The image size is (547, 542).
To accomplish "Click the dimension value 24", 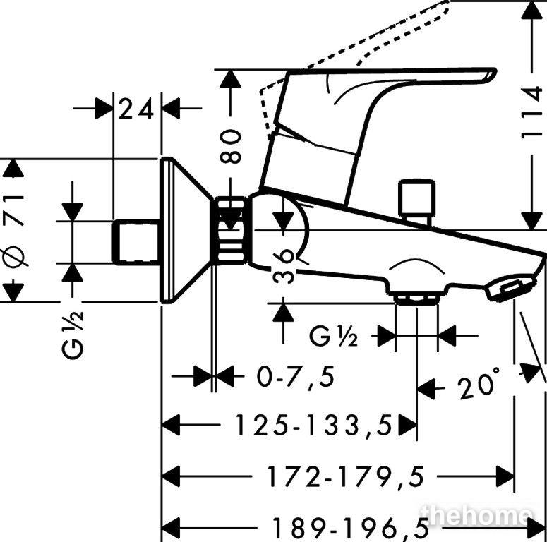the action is [136, 109].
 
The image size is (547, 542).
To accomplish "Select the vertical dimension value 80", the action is [231, 147].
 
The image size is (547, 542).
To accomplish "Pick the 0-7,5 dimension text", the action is [296, 376].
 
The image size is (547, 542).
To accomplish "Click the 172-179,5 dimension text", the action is [345, 476].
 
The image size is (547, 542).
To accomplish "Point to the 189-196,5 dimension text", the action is [351, 527].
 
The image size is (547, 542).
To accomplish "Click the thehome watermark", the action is [476, 516].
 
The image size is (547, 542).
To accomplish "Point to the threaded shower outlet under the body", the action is [416, 299].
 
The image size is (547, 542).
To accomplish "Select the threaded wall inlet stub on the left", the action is [135, 242].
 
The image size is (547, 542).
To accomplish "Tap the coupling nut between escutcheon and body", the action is [230, 229].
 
